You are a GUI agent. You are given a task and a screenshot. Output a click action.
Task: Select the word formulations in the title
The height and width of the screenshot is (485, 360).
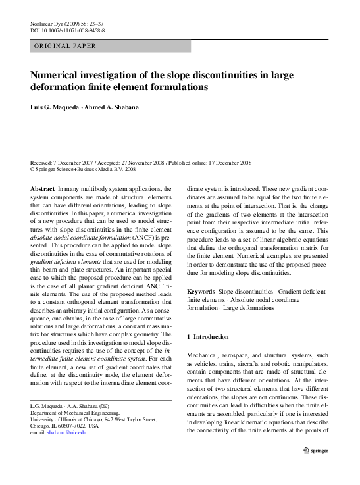click(x=176, y=86)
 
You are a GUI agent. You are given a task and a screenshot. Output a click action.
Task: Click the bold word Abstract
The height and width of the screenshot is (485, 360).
click(x=42, y=188)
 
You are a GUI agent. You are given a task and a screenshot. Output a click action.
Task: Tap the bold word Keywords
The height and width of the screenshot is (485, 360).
click(x=201, y=290)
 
